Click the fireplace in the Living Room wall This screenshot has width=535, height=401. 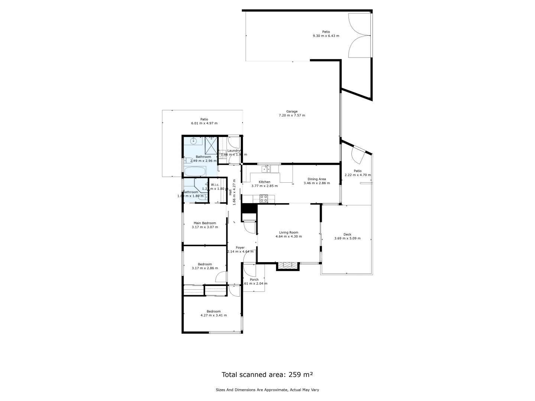point(288,265)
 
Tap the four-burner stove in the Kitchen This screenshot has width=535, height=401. point(263,199)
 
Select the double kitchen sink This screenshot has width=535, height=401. point(266,169)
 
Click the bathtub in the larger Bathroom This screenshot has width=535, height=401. point(195,172)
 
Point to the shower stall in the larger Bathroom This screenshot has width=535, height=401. point(211,145)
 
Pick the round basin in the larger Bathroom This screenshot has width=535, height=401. point(193,141)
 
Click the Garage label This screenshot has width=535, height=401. point(292,111)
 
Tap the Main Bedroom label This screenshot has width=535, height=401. point(205,223)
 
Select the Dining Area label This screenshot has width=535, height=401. point(317,179)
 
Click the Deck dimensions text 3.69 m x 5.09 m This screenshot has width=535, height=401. point(347,238)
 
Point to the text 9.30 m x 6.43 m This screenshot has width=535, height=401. point(326,36)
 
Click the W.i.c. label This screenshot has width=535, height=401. point(215,185)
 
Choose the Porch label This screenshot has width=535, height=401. point(254,280)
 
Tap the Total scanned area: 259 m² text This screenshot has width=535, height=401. point(267,375)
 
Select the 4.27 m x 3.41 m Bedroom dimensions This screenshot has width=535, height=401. point(214,315)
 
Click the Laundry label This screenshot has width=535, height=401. point(234,150)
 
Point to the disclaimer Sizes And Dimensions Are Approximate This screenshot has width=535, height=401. point(267,390)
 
